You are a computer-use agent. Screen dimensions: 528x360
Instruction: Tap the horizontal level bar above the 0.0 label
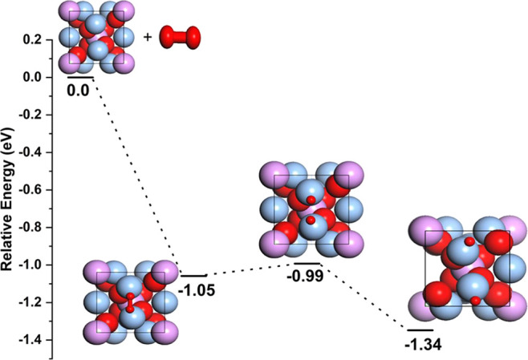80,78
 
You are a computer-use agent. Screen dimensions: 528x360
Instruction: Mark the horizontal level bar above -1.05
194,276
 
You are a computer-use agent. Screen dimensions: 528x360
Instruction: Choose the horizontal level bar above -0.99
307,263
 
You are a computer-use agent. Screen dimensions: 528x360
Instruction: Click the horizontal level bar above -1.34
420,330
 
